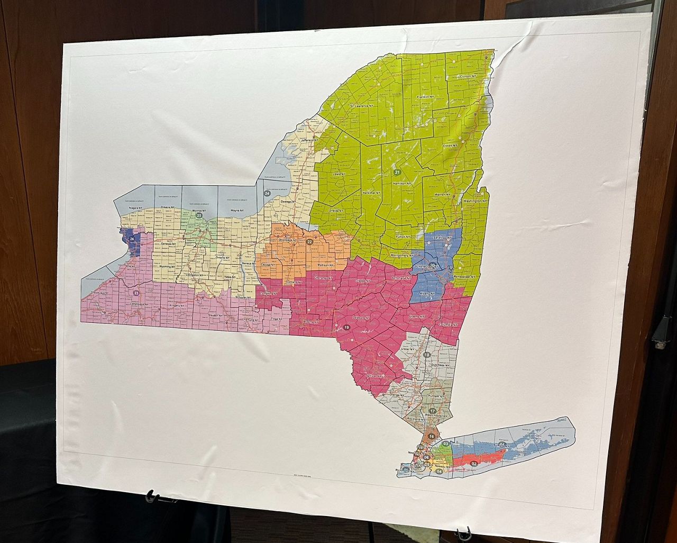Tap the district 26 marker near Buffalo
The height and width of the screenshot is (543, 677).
(132, 239)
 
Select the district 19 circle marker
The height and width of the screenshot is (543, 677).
(346, 328)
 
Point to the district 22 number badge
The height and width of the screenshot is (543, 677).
(309, 242)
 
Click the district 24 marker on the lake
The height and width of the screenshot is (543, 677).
(267, 194)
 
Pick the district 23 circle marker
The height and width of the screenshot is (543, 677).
(136, 293)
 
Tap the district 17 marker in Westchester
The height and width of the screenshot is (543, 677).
(433, 411)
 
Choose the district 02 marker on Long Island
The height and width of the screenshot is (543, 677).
(474, 464)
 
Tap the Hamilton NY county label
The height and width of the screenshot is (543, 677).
(402, 183)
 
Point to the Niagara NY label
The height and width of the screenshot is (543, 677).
(138, 209)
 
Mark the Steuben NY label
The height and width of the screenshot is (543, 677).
(215, 316)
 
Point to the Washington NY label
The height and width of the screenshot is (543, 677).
(476, 202)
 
